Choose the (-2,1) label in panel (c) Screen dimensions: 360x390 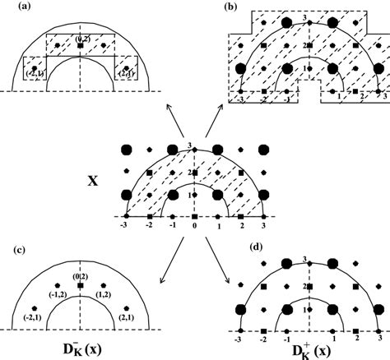pos(34,315)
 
